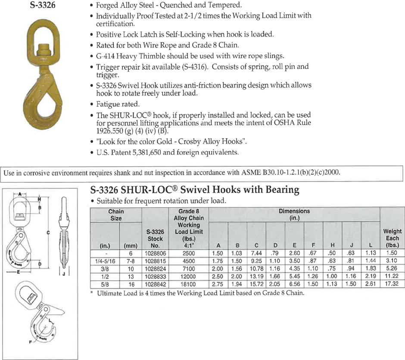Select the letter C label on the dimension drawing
(x=48, y=233)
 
